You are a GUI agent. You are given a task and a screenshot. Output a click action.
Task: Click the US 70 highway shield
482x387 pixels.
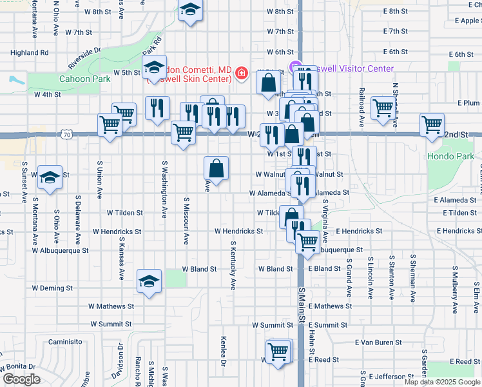(66, 134)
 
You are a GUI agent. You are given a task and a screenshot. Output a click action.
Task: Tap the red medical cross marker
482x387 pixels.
(242, 74)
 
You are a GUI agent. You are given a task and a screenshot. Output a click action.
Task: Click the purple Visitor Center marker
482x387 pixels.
(297, 68)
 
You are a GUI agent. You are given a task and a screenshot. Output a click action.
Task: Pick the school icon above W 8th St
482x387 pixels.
(190, 10)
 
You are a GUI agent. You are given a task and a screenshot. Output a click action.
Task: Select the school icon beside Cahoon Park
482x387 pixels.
(155, 68)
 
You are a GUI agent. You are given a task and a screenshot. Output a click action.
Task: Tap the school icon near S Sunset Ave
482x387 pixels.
(49, 177)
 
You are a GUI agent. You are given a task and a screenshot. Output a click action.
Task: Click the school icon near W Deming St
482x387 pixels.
(149, 282)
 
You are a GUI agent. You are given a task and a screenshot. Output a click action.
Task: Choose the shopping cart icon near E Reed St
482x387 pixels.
(278, 352)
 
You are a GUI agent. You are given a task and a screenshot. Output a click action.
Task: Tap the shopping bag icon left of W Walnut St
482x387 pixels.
(217, 168)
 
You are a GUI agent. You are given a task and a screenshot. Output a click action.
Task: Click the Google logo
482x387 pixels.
(21, 379)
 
